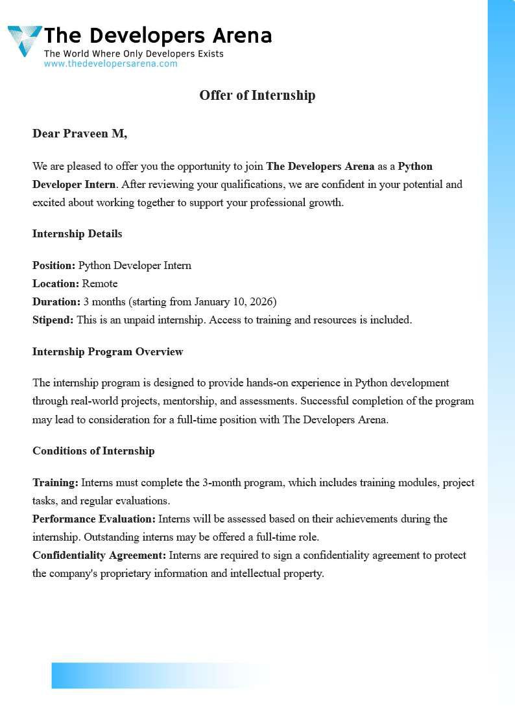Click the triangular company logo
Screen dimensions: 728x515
click(x=24, y=40)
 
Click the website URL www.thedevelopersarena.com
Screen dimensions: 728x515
click(x=110, y=64)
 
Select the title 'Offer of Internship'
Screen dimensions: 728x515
click(x=257, y=95)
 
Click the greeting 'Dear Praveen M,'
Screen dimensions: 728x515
click(x=80, y=134)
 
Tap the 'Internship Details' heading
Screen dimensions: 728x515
click(x=77, y=233)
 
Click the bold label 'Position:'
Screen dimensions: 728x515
click(x=54, y=265)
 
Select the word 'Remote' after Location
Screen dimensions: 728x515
click(x=100, y=283)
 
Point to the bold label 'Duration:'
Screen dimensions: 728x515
click(x=56, y=301)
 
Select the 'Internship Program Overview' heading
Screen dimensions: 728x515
click(x=108, y=351)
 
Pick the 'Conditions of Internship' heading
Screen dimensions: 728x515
click(x=93, y=451)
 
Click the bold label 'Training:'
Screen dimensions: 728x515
click(x=55, y=482)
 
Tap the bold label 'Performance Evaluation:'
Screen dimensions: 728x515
click(x=94, y=519)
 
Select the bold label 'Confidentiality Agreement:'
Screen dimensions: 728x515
click(x=99, y=555)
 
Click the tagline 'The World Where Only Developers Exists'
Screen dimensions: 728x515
click(x=134, y=53)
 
